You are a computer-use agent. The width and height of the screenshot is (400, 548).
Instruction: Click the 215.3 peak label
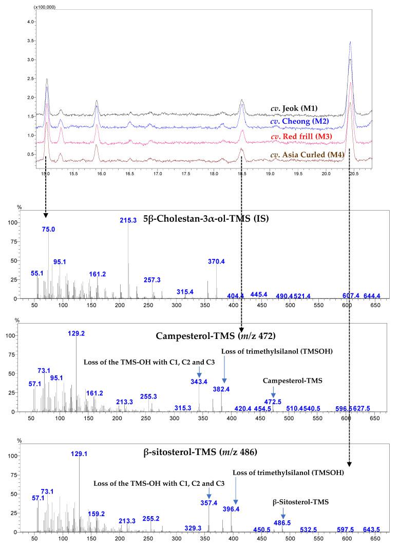coord(128,219)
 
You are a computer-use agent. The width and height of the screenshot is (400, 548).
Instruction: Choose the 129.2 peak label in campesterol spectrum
coord(77,333)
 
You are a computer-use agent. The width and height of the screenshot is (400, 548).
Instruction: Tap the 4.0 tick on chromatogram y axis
coord(30,22)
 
